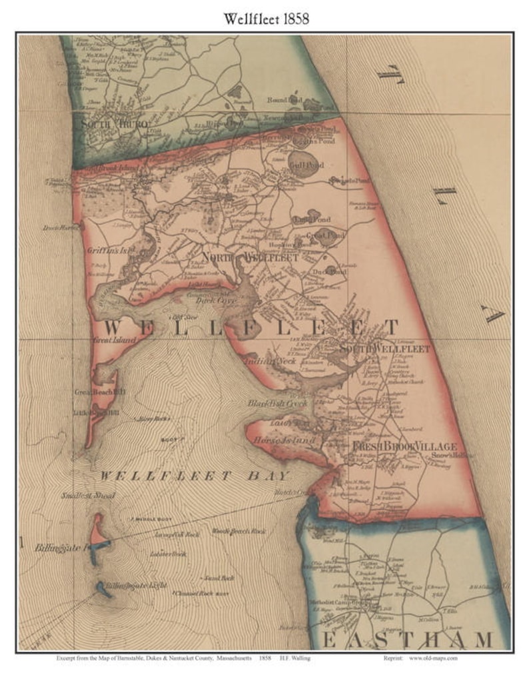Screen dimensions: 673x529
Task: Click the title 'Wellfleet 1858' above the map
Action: pyautogui.click(x=264, y=19)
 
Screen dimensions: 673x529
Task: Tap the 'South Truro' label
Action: pyautogui.click(x=114, y=124)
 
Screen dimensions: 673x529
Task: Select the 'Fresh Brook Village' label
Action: pyautogui.click(x=404, y=446)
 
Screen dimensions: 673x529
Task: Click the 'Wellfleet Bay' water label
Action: pyautogui.click(x=195, y=476)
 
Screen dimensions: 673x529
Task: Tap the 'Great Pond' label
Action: pyautogui.click(x=326, y=235)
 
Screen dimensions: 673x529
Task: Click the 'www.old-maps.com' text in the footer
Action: pyautogui.click(x=432, y=658)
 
